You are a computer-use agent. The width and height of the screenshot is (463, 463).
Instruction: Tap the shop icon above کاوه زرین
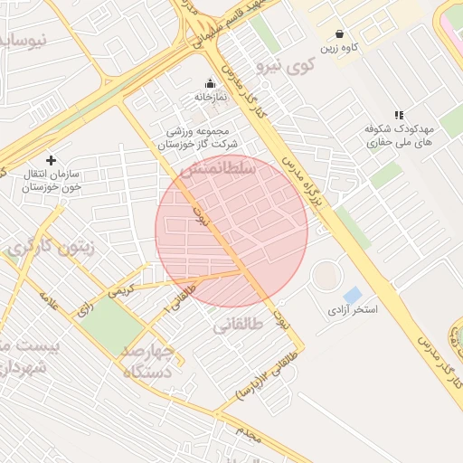(x=339, y=33)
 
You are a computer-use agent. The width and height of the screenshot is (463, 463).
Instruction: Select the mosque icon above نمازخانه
(x=211, y=83)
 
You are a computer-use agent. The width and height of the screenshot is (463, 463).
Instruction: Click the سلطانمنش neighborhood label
(x=218, y=169)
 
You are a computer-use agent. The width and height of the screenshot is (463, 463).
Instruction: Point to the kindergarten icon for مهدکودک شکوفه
(x=399, y=115)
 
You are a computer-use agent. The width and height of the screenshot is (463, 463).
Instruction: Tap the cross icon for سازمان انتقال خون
(x=51, y=160)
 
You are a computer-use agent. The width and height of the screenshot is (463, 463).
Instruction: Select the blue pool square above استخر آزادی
(x=352, y=295)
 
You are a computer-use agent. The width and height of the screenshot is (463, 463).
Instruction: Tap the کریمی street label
(x=120, y=291)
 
